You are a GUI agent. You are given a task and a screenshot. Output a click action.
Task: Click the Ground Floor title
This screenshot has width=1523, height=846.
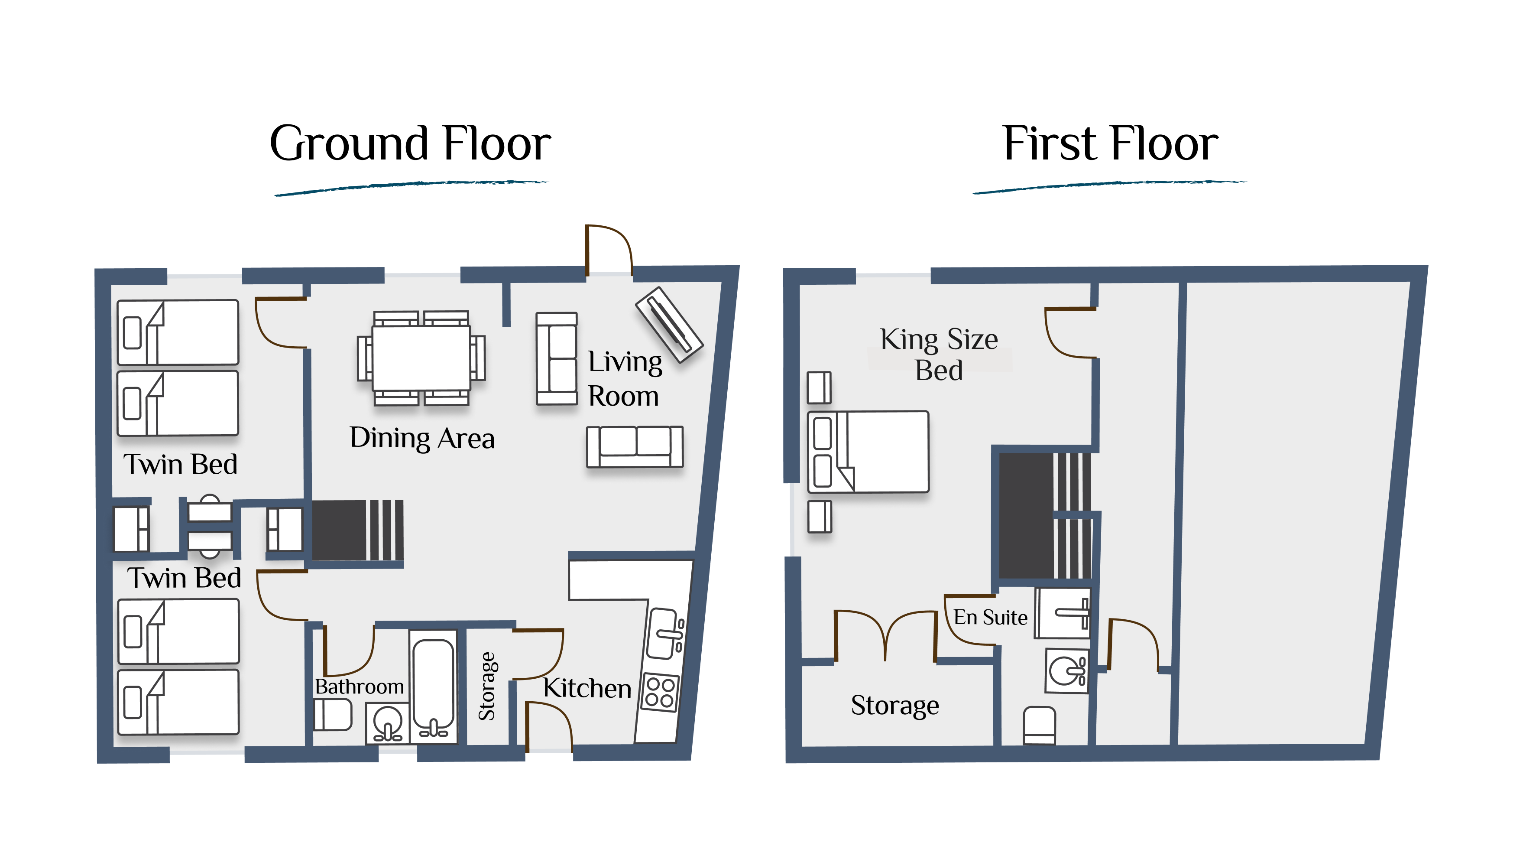410,144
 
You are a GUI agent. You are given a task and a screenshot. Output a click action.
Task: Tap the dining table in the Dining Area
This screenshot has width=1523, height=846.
421,358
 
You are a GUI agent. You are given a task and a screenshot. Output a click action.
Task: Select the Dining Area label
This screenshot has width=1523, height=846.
422,438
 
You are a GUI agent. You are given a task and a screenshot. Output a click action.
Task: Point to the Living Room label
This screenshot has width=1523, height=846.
625,379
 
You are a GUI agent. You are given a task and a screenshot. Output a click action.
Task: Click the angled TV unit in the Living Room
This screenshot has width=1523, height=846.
669,324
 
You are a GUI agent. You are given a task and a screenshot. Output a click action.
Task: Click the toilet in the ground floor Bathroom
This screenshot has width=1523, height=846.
333,714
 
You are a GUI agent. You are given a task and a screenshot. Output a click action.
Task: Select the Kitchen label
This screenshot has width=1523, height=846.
587,689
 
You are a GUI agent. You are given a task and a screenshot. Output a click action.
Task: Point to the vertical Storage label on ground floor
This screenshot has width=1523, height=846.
487,686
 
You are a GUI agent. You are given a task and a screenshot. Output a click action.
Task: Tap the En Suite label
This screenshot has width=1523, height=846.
990,617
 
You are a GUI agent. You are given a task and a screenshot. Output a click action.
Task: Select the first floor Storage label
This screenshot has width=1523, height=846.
894,705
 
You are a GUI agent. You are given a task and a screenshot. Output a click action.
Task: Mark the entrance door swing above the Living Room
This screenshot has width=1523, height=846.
609,250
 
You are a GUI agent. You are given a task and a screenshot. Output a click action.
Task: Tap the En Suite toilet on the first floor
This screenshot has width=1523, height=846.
1040,725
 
